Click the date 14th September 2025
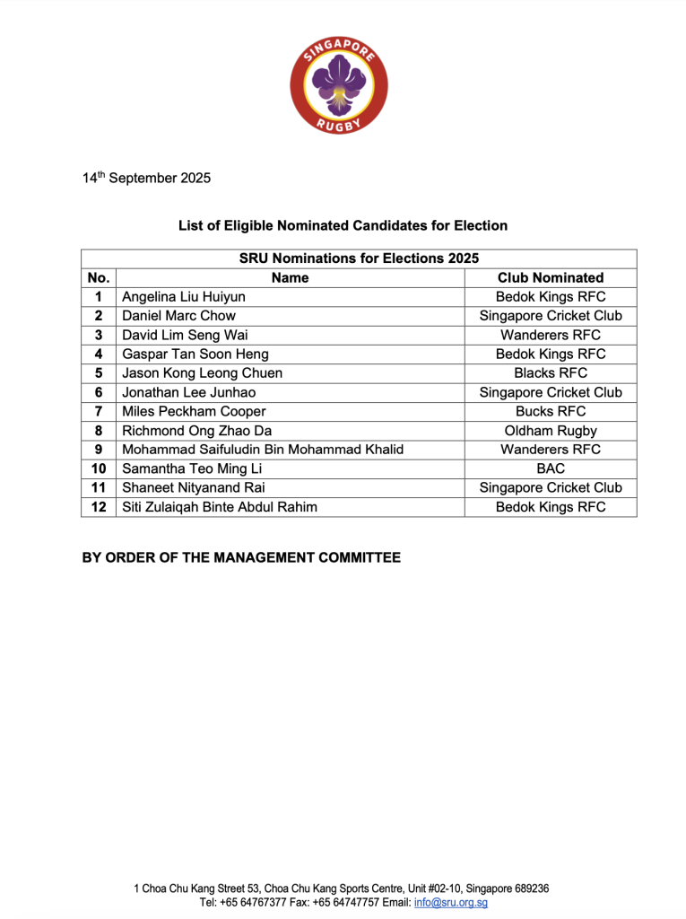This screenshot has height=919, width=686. [146, 178]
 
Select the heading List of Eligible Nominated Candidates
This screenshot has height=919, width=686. [343, 225]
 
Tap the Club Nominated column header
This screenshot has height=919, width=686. [550, 277]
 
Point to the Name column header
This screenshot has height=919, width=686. [290, 277]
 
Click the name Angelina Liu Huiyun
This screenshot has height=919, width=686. [183, 296]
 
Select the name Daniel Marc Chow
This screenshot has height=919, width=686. [178, 316]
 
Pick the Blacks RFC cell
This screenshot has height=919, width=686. [550, 372]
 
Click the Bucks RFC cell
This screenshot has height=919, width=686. [550, 411]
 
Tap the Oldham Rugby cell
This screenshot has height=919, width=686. [550, 431]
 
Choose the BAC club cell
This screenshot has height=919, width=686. [550, 468]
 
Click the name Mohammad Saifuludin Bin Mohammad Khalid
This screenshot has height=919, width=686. [262, 450]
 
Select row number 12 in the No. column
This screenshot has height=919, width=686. [99, 507]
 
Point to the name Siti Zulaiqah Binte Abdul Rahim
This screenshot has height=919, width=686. [219, 507]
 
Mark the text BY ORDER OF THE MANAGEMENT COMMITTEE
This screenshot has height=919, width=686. [241, 557]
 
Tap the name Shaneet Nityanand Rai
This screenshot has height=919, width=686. [193, 487]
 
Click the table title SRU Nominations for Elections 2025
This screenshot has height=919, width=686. [358, 258]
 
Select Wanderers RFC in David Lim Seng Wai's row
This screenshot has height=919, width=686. [550, 335]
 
